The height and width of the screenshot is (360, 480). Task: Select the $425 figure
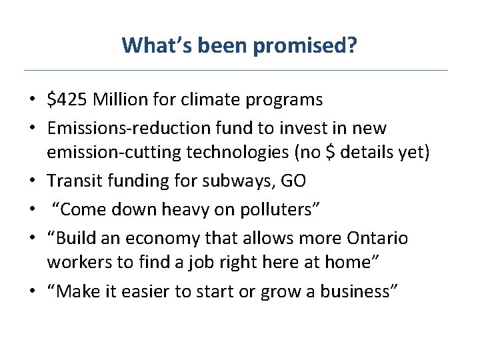(x=67, y=100)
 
